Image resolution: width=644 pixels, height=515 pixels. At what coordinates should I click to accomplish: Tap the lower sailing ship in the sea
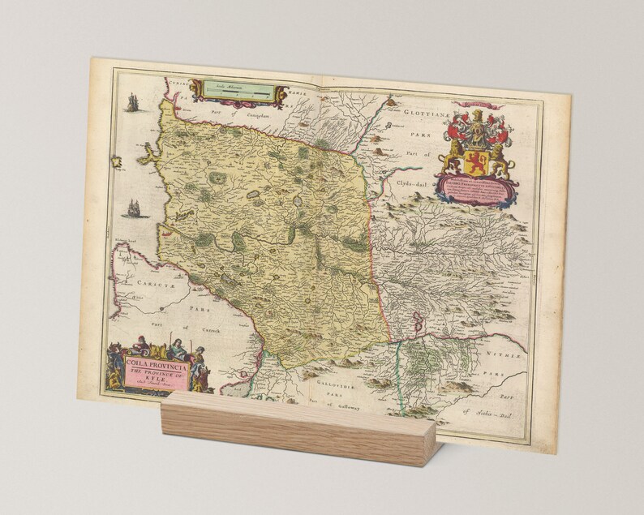pyautogui.click(x=131, y=208)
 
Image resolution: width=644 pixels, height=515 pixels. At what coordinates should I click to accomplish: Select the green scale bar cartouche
pyautogui.click(x=238, y=93)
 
